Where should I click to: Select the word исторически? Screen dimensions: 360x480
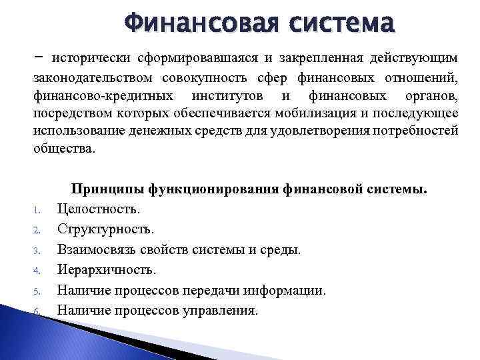[92, 60]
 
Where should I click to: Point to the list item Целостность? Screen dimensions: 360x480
[99, 209]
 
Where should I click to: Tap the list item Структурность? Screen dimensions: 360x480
[105, 229]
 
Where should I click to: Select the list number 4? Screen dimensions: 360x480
[37, 271]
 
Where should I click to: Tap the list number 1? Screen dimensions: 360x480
[37, 211]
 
